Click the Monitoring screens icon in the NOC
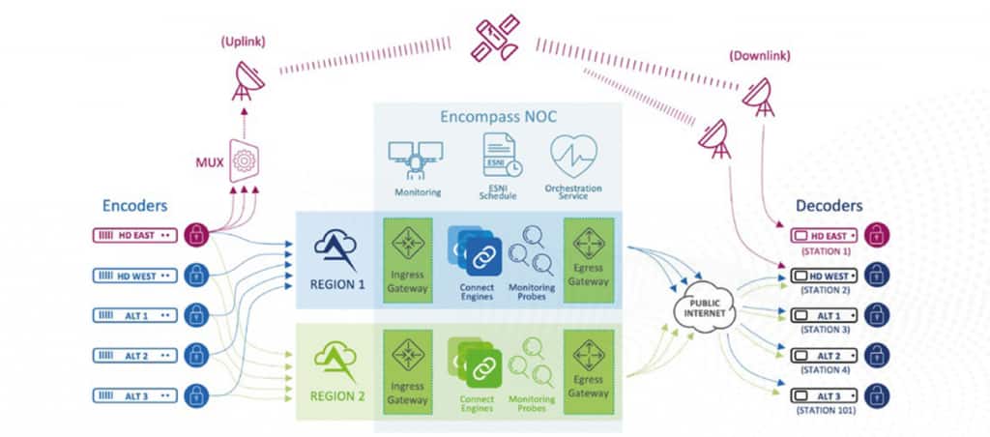click(x=416, y=157)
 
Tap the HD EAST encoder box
click(x=134, y=236)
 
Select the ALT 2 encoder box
click(x=134, y=355)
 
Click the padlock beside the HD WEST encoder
click(x=196, y=276)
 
